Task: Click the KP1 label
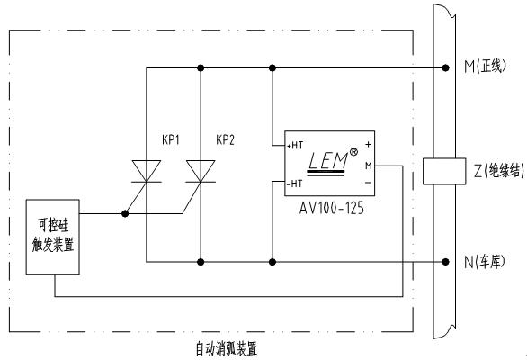click(171, 139)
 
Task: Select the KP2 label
click(225, 139)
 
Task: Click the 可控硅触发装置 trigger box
click(53, 237)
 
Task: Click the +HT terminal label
click(295, 146)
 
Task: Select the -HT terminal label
click(294, 184)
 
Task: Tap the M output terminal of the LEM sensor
click(369, 166)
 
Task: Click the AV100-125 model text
click(331, 208)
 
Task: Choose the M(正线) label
click(485, 66)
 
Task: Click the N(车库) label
click(485, 262)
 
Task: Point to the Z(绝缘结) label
click(499, 171)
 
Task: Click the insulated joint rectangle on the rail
click(444, 171)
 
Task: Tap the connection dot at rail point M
click(446, 68)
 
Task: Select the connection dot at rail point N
click(446, 262)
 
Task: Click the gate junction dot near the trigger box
click(125, 213)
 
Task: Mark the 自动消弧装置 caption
click(227, 348)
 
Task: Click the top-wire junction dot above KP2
click(201, 68)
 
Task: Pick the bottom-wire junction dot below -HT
click(272, 262)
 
